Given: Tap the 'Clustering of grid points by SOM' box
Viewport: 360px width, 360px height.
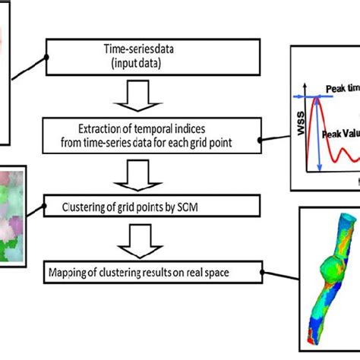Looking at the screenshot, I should [152, 204].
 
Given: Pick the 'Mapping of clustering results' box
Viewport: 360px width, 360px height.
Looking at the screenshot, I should [152, 269].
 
